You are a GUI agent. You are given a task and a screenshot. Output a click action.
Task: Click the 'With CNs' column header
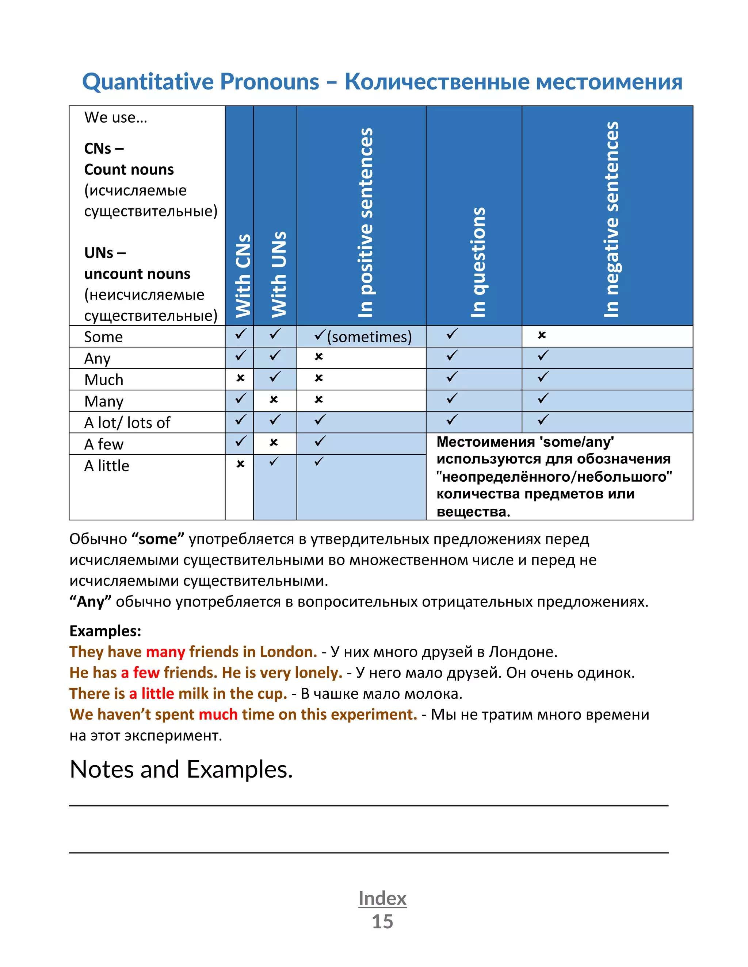point(243,276)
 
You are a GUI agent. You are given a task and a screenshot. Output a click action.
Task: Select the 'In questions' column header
point(478,262)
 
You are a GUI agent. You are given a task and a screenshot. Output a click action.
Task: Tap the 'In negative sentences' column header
point(611,220)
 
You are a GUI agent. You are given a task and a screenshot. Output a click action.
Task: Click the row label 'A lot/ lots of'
point(127,423)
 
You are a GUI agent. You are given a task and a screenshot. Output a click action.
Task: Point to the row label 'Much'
point(104,380)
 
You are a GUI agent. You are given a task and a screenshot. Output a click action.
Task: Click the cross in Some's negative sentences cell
point(542,335)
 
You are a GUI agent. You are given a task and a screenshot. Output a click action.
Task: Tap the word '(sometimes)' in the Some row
point(369,337)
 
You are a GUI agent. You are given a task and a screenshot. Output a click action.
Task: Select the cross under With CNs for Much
point(240,378)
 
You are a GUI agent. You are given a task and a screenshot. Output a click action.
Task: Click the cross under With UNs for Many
point(274,399)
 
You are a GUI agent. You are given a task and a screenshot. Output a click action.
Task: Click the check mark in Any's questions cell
point(452,355)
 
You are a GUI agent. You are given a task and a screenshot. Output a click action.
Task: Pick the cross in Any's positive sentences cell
point(318,357)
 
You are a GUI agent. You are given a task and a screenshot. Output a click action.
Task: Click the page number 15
point(382,921)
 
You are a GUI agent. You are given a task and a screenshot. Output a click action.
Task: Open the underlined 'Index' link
point(382,898)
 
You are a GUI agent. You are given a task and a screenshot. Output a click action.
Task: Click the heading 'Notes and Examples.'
point(181,770)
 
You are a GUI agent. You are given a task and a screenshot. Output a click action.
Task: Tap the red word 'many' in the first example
point(165,652)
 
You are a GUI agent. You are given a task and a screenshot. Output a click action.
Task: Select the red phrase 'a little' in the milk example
point(151,693)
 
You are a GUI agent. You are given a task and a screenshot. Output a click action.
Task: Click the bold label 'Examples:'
point(105,631)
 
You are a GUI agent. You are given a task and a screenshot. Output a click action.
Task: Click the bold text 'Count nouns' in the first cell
point(129,170)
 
